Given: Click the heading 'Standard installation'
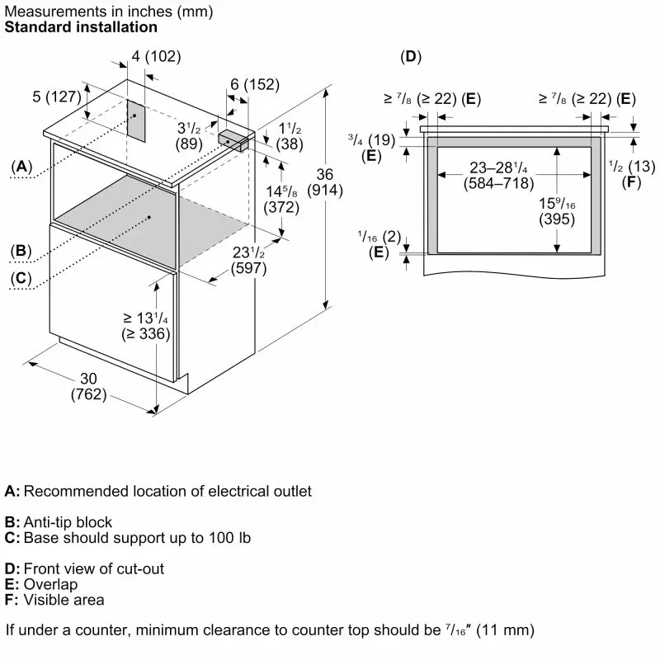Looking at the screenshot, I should click(x=81, y=27).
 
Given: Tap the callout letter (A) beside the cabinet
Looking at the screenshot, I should click(x=21, y=167).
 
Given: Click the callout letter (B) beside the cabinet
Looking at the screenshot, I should click(x=21, y=251).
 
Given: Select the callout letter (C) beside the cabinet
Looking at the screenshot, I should click(x=21, y=279).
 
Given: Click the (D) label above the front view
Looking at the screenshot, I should click(x=410, y=56).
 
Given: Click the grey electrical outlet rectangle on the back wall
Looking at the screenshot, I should click(x=135, y=120).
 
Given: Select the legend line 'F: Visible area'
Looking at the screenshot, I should click(x=54, y=600).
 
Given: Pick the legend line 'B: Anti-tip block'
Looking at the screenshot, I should click(x=59, y=522).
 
